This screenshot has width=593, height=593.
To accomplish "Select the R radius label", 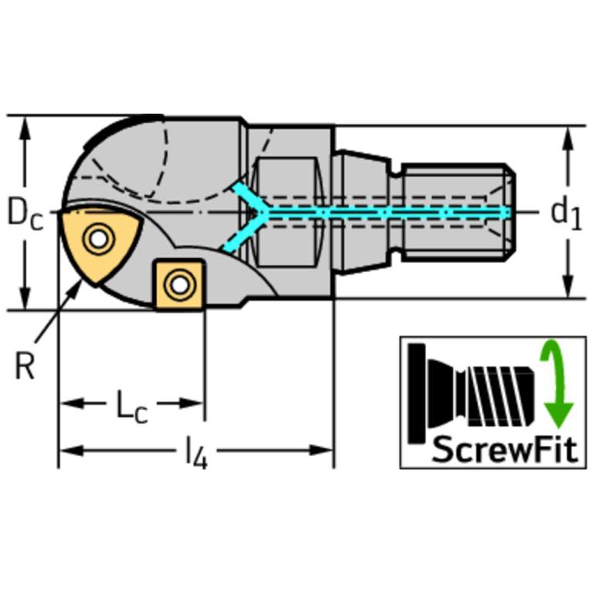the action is tap(25, 366).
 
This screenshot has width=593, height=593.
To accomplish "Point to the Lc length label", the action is tap(131, 407).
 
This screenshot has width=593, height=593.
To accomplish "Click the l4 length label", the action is tap(196, 452).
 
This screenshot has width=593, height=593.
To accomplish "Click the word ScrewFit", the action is tap(506, 449).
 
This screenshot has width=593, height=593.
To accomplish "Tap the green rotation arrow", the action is tap(556, 383).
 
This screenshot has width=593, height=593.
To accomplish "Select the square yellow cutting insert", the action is tap(179, 285).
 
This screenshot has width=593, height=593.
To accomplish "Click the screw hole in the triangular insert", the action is tap(99, 239).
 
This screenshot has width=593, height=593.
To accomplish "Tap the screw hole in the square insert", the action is tap(180, 285).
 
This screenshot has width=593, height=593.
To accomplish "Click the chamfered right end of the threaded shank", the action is tap(509, 213).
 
